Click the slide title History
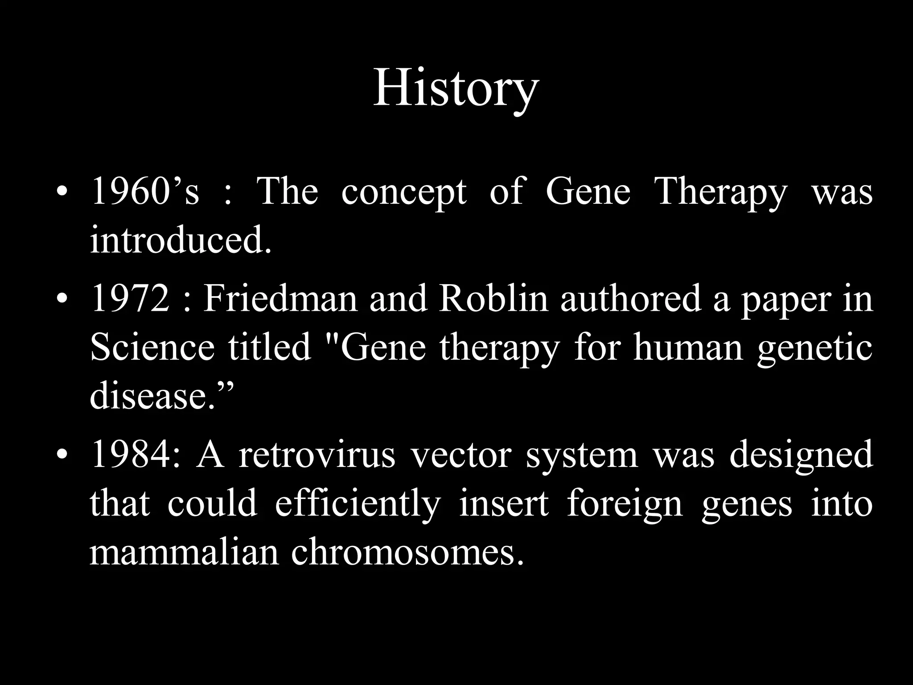coord(456,89)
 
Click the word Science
coord(152,348)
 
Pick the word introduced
coord(180,241)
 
